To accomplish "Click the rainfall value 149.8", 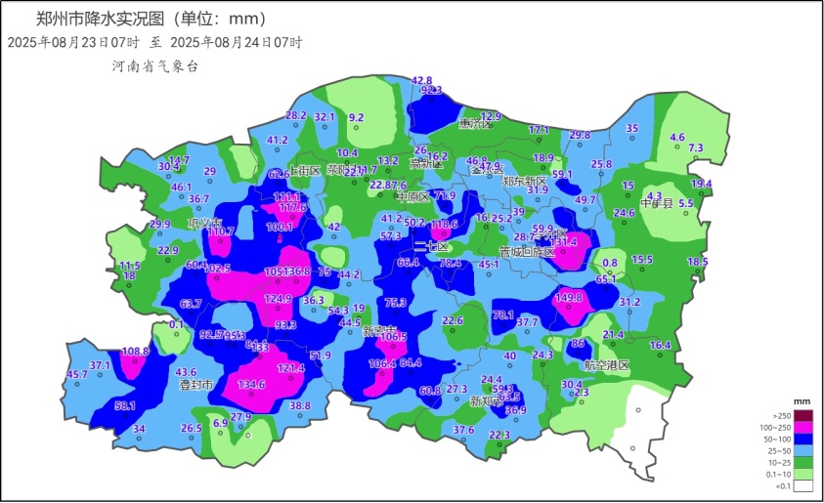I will click(569, 298).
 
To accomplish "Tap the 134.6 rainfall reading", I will click(251, 385).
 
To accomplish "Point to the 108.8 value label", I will click(136, 351).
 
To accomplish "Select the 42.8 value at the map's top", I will click(421, 80).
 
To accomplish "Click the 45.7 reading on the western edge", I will click(76, 374).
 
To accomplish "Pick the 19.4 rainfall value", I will click(701, 184).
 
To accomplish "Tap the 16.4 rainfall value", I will click(661, 345).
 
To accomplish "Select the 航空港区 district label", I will click(607, 364).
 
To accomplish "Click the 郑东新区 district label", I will click(525, 181).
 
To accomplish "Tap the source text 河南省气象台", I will click(154, 65).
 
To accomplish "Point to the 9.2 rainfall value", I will click(357, 117).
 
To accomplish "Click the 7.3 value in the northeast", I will click(696, 147).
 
